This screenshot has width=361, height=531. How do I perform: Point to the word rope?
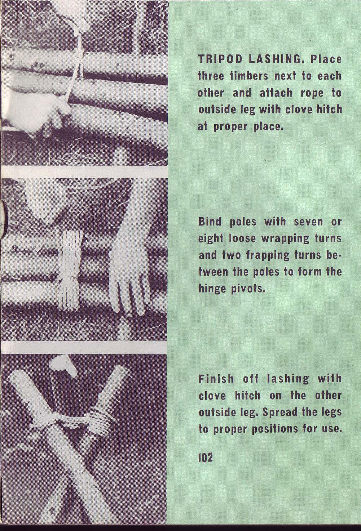(311, 93)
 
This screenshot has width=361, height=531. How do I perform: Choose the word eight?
(211, 238)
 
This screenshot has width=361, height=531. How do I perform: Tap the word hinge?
(211, 289)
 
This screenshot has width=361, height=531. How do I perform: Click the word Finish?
(216, 379)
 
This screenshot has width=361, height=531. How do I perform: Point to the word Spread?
(281, 412)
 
